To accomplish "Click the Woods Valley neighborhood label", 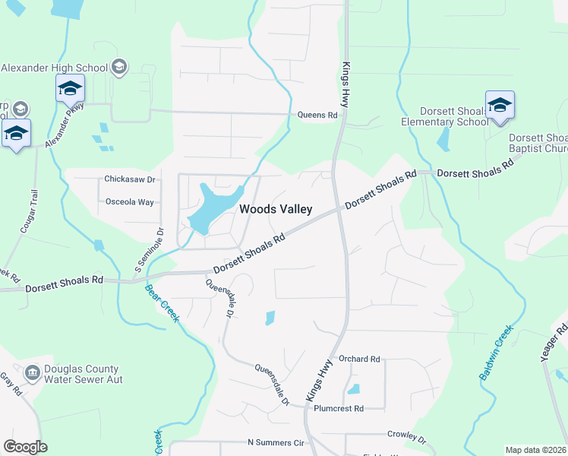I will click(x=276, y=209).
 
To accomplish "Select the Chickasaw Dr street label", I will click(x=129, y=180).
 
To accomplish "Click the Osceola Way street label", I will click(x=129, y=202).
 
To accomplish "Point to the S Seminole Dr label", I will click(x=150, y=251).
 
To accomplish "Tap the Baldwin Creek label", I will click(x=496, y=353).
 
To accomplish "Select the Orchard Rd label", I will click(x=359, y=359).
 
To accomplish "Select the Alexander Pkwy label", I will click(x=63, y=127).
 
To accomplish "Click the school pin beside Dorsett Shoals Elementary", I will click(x=500, y=105).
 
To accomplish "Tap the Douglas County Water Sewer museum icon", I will click(x=33, y=372).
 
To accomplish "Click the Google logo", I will click(x=25, y=447).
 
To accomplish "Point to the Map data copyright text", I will click(x=535, y=450).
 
